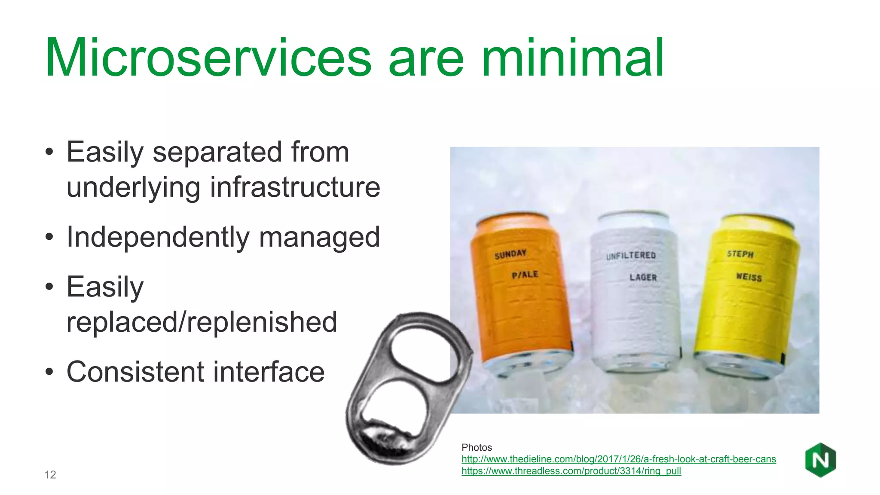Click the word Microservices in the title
click(x=208, y=58)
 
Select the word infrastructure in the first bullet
click(x=295, y=187)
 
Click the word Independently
click(x=158, y=237)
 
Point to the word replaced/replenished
click(x=202, y=322)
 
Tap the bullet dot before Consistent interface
click(x=49, y=373)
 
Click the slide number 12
click(x=50, y=475)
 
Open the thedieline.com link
click(x=618, y=459)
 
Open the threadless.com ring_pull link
click(x=571, y=471)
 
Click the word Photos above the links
click(x=477, y=448)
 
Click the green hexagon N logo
click(x=820, y=460)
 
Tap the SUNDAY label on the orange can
click(x=510, y=254)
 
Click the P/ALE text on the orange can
click(x=525, y=275)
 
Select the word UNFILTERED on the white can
click(x=631, y=256)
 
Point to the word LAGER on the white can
click(x=643, y=278)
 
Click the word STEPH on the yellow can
click(x=740, y=254)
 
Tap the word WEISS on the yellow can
click(x=749, y=277)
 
